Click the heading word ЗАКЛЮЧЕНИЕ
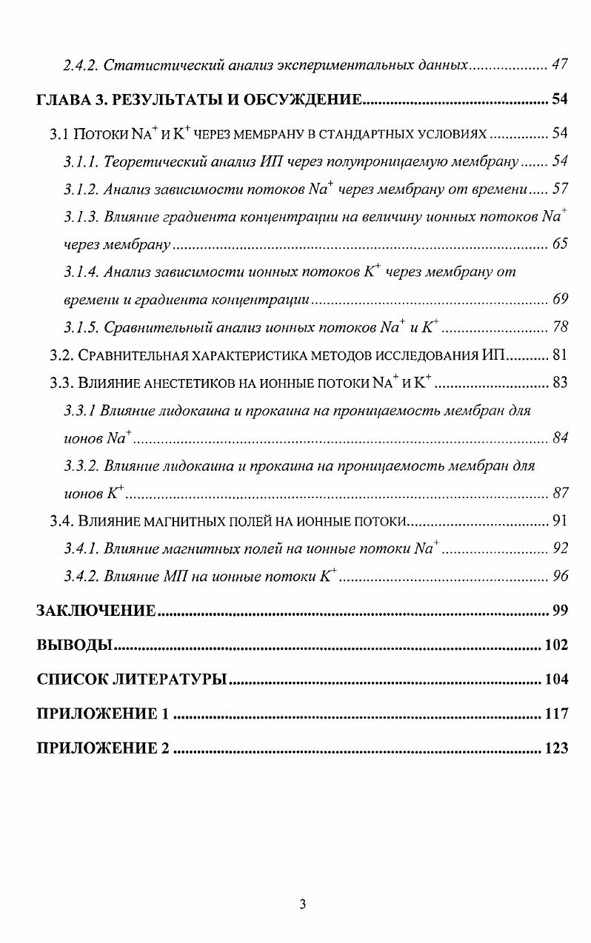point(96,611)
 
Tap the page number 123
point(556,748)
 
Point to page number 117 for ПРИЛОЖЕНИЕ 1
point(556,714)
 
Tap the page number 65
point(560,244)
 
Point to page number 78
point(560,327)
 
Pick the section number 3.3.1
point(79,410)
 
